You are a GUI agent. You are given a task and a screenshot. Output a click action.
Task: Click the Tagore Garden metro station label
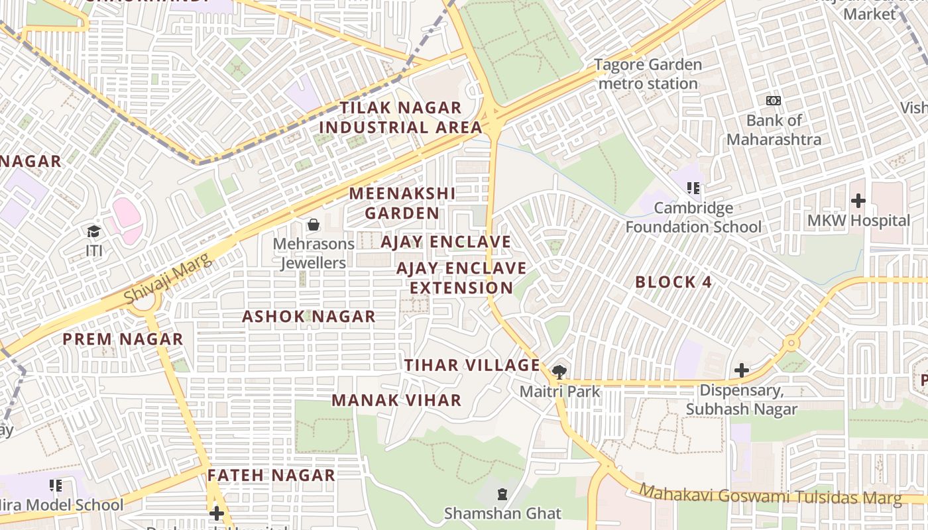(x=648, y=74)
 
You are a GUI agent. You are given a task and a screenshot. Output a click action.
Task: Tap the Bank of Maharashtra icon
(x=773, y=101)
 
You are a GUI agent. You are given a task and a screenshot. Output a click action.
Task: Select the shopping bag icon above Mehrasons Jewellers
(x=314, y=225)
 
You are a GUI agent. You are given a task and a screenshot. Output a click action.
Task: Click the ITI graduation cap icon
(x=93, y=231)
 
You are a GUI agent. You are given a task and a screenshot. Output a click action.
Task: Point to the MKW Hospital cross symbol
(x=858, y=200)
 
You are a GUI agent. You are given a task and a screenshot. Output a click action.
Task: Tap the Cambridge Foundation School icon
(x=693, y=188)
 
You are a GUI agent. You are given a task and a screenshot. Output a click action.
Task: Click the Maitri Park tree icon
(x=559, y=371)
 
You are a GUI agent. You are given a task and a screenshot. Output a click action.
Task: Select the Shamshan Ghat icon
(x=502, y=494)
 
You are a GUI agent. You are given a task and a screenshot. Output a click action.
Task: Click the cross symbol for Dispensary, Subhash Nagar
(x=742, y=370)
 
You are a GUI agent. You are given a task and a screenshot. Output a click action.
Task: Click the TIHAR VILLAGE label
(x=473, y=365)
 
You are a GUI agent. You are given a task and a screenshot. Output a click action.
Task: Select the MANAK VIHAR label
(x=396, y=400)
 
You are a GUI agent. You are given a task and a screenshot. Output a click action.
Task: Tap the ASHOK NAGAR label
(x=308, y=317)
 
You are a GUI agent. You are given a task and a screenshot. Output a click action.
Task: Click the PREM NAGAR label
(x=123, y=339)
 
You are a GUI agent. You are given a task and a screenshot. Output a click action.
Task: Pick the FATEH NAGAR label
(x=271, y=475)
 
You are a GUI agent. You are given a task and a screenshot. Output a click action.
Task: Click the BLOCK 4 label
(x=673, y=282)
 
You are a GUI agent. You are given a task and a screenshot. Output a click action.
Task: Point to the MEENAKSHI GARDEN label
(x=402, y=203)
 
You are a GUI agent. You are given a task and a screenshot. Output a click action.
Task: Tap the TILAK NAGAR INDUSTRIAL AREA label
(x=400, y=117)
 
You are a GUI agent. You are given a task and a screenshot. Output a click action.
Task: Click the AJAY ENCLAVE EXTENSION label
(x=461, y=278)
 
